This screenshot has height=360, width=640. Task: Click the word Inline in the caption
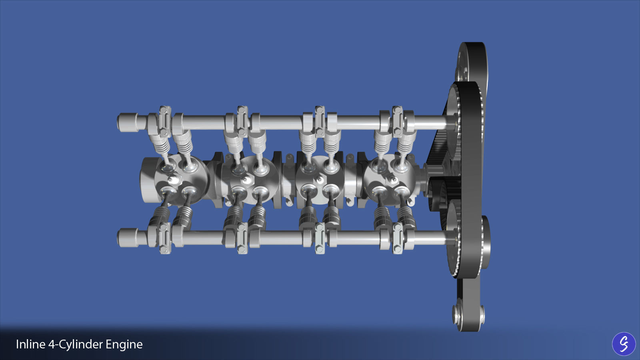[x=30, y=344]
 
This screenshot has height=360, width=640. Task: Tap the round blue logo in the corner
[x=624, y=344]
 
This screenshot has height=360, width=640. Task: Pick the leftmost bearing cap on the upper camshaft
[x=164, y=121]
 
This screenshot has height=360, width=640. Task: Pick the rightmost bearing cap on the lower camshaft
[x=397, y=238]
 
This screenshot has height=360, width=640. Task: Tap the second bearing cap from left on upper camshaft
[x=242, y=121]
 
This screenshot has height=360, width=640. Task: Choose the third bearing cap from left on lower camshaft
[x=319, y=238]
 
